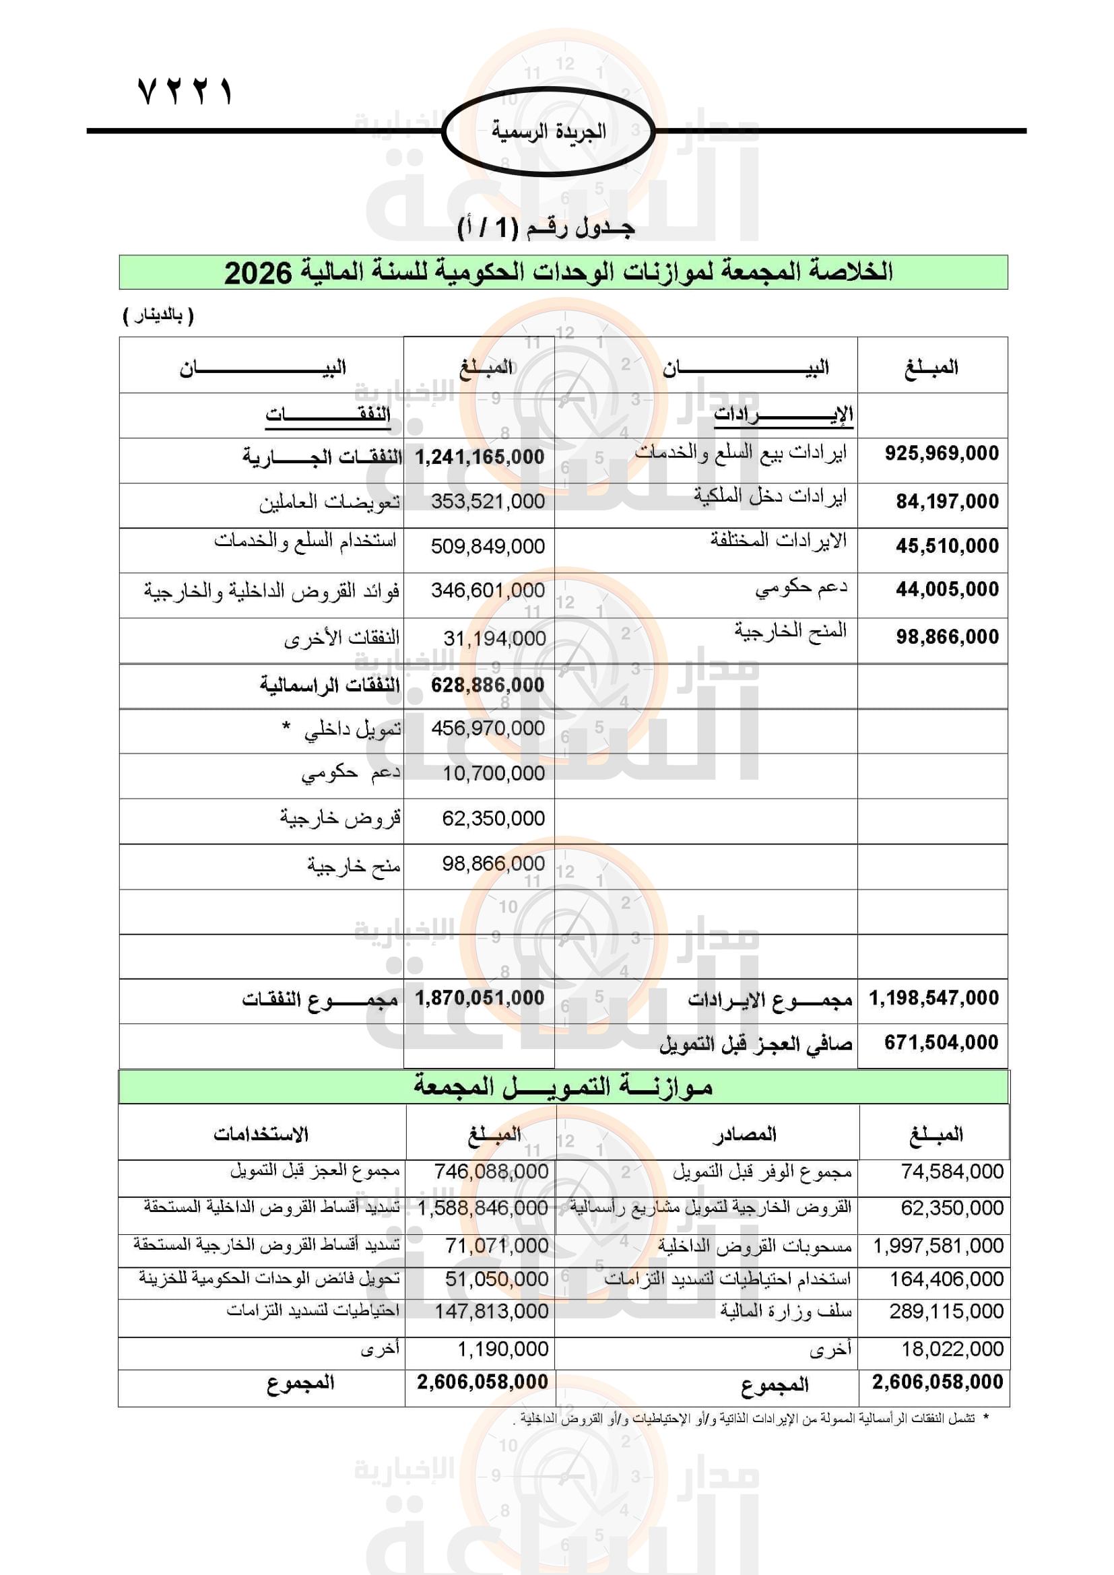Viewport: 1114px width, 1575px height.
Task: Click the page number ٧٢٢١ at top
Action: (x=185, y=90)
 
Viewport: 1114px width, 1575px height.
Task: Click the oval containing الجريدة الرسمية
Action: (x=548, y=131)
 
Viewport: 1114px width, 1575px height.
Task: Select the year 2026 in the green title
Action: (x=258, y=273)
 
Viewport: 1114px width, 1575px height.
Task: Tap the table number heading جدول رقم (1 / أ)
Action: (x=546, y=227)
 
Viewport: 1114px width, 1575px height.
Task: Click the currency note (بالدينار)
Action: (x=158, y=316)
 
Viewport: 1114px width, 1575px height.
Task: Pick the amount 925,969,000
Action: (x=941, y=453)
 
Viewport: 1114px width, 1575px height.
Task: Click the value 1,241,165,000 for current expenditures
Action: (x=480, y=457)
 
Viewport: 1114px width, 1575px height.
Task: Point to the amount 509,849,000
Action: (x=488, y=546)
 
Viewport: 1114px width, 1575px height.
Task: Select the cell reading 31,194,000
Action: (x=494, y=638)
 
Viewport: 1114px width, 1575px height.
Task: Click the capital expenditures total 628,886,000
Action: (x=487, y=685)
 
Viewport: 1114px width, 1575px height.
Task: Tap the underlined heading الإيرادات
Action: (x=783, y=414)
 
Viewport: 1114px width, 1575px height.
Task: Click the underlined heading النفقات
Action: (x=328, y=414)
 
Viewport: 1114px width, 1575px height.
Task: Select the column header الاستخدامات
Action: (x=261, y=1134)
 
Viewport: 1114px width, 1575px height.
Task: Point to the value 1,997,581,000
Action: (x=938, y=1245)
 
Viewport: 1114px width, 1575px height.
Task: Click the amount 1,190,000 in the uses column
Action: (x=503, y=1349)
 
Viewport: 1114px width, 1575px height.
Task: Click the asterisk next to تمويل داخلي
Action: (x=286, y=727)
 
